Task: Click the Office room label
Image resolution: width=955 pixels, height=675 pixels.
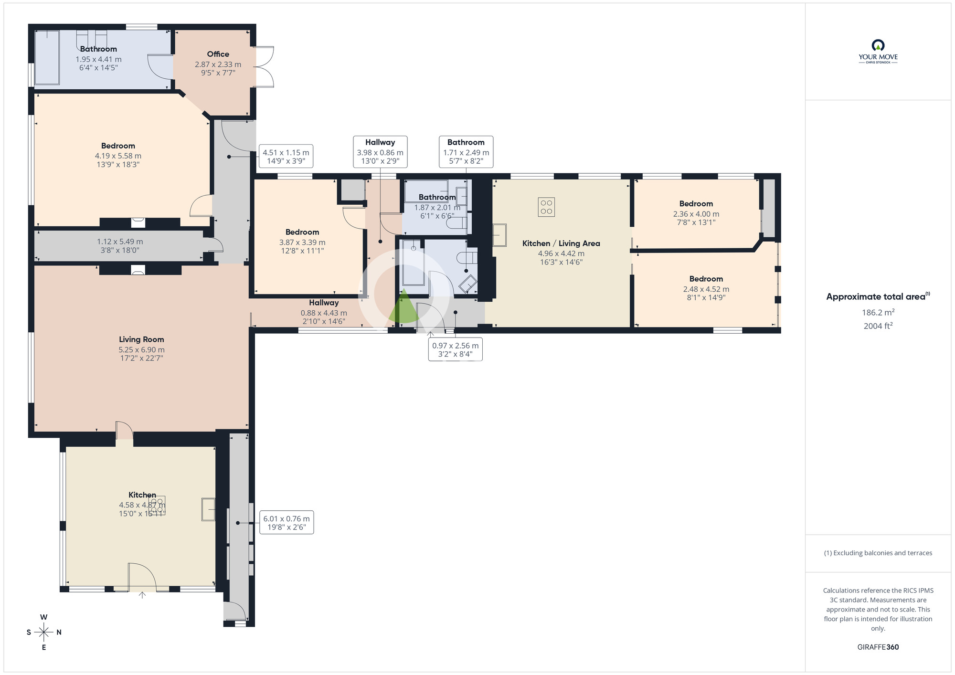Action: [x=218, y=54]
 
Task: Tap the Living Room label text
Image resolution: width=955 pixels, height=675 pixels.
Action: [x=141, y=339]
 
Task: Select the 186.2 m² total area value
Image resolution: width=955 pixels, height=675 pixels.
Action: [x=878, y=313]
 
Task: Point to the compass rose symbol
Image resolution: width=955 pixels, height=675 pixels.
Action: [x=44, y=633]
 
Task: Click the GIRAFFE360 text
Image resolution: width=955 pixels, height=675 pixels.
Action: [x=878, y=647]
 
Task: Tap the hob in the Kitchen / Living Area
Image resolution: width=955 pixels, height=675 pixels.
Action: [x=546, y=207]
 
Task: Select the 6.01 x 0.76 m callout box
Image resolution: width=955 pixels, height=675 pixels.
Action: [x=286, y=523]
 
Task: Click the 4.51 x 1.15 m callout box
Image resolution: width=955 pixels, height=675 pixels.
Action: [x=286, y=157]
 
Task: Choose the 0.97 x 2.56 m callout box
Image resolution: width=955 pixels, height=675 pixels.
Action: [x=455, y=350]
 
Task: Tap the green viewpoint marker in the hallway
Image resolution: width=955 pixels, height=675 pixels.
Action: [x=403, y=307]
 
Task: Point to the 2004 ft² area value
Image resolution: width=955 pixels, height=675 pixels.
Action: [x=878, y=326]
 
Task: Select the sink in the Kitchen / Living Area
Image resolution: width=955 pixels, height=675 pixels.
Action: [x=499, y=235]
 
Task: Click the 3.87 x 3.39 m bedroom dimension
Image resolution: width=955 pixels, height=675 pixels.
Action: [x=302, y=243]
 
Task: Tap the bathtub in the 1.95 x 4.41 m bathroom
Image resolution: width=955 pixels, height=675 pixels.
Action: [x=47, y=57]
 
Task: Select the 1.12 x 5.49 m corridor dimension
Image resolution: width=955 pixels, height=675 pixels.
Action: [x=120, y=242]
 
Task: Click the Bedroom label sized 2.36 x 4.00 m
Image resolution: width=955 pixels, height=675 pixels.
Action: [x=696, y=204]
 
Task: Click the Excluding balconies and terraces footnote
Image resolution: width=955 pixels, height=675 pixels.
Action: [x=878, y=553]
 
